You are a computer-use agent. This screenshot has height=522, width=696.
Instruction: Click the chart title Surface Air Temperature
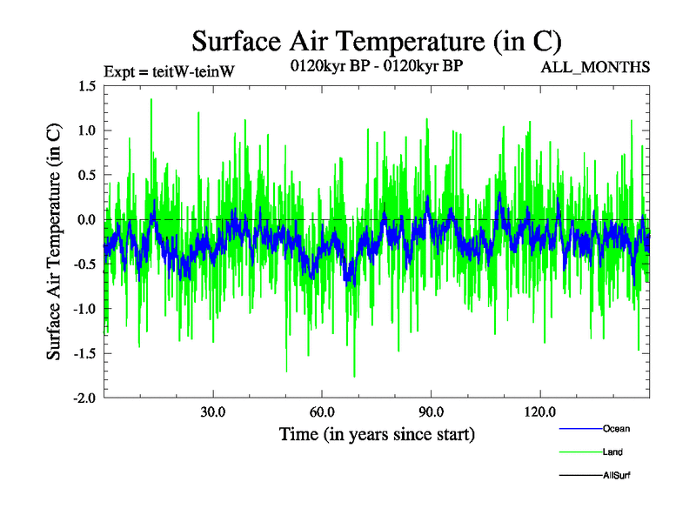[x=376, y=41]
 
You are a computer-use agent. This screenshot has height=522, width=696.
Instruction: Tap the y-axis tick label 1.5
[x=86, y=86]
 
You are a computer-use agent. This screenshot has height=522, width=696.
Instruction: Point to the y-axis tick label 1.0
[x=86, y=130]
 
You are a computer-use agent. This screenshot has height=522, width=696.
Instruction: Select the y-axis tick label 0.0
[x=86, y=220]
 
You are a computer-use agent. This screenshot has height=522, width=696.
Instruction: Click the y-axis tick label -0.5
[x=84, y=264]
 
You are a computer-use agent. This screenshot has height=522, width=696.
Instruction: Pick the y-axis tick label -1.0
[x=84, y=309]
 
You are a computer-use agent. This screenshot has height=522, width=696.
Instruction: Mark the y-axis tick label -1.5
[x=84, y=353]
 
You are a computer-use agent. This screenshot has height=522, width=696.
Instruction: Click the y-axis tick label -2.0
[x=84, y=398]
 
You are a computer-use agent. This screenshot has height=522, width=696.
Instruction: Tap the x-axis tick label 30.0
[x=213, y=412]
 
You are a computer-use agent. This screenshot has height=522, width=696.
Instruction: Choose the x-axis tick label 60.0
[x=322, y=412]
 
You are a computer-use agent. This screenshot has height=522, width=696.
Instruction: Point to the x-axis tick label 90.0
[x=431, y=412]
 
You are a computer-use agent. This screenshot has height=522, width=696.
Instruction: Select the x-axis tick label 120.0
[x=539, y=412]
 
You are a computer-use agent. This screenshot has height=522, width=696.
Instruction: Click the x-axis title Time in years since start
[x=377, y=433]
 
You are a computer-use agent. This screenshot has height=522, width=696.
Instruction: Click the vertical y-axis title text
[x=54, y=242]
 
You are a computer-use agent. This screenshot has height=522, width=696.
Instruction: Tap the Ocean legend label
[x=616, y=428]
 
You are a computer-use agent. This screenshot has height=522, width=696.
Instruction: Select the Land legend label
[x=612, y=452]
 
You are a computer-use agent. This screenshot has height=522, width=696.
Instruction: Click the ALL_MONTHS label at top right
[x=595, y=67]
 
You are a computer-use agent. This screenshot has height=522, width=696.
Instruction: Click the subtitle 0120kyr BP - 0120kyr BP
[x=376, y=66]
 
